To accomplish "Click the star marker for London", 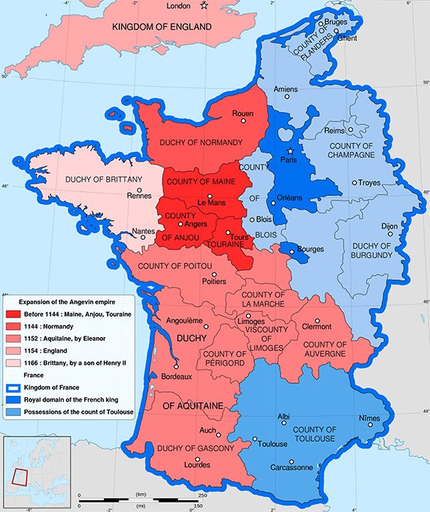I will tap(204, 7).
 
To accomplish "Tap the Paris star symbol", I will tap(290, 151).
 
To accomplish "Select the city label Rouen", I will tap(242, 113).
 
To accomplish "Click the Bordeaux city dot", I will tap(176, 367).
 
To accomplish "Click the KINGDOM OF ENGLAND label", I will tap(161, 27).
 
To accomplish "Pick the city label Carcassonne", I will tap(291, 467).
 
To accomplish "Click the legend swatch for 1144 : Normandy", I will tap(15, 326).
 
